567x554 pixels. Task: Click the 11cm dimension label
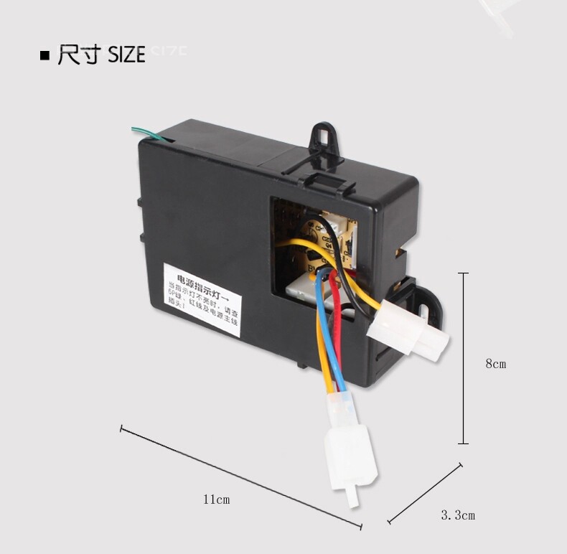point(216,499)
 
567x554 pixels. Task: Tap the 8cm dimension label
point(496,364)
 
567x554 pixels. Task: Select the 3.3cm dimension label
point(458,515)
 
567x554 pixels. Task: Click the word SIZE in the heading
point(126,55)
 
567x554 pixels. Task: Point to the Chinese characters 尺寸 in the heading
point(79,55)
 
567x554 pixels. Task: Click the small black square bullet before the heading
point(45,55)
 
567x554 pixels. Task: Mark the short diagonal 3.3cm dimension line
point(424,494)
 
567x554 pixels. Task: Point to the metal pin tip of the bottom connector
point(352,498)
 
